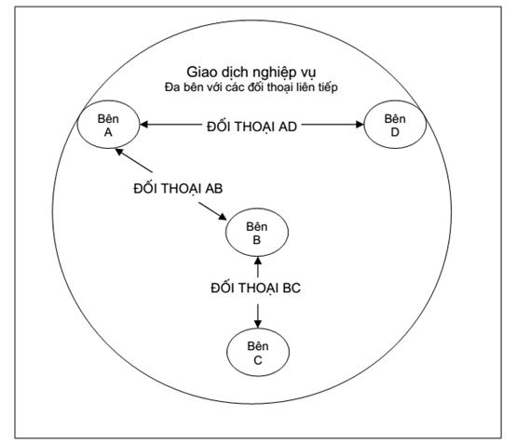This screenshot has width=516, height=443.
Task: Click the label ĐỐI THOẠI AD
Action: pos(251,127)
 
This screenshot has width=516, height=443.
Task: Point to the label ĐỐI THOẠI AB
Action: pos(178,189)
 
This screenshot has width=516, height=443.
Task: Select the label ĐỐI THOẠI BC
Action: pos(256,289)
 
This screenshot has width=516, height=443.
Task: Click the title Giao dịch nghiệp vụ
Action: pos(251,73)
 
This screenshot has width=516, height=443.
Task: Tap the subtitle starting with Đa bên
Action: pos(251,87)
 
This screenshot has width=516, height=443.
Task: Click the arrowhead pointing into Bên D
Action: pos(360,125)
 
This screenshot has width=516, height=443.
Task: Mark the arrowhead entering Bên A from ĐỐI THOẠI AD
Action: pos(143,125)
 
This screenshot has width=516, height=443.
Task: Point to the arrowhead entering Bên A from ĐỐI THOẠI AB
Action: pos(119,152)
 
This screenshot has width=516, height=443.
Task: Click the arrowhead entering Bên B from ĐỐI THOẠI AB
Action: pos(223,217)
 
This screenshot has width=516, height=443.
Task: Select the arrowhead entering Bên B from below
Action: pos(258,261)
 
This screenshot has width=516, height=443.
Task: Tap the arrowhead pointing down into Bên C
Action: pos(258,324)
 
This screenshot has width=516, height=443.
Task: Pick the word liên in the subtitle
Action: pos(306,87)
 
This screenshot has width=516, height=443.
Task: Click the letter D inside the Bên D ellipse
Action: pos(395,132)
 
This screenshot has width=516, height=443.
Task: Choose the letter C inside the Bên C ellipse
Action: pos(258,360)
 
